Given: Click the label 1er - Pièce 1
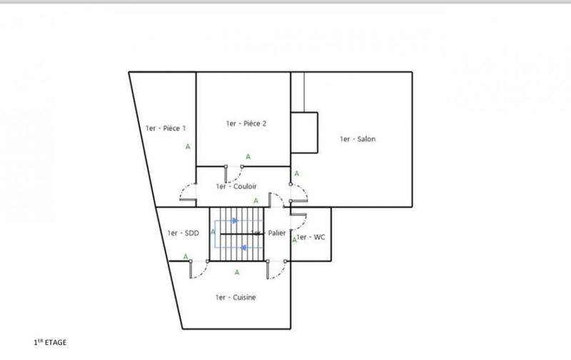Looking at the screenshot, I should [165, 129].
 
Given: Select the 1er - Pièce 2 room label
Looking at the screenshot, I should [246, 124].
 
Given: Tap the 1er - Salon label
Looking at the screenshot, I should [357, 139].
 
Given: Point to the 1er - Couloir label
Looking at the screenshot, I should [236, 186].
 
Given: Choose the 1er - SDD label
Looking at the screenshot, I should [183, 233].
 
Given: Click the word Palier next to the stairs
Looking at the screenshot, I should [276, 234].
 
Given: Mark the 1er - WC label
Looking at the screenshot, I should [311, 236].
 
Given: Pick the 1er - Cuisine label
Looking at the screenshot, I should [235, 297].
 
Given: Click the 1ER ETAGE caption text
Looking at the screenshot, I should [51, 343].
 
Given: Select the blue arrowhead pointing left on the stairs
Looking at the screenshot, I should [243, 248].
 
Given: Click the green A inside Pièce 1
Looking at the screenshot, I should [188, 146].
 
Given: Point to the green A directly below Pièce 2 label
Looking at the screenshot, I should [248, 156].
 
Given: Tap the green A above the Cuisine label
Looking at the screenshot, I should [236, 272].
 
